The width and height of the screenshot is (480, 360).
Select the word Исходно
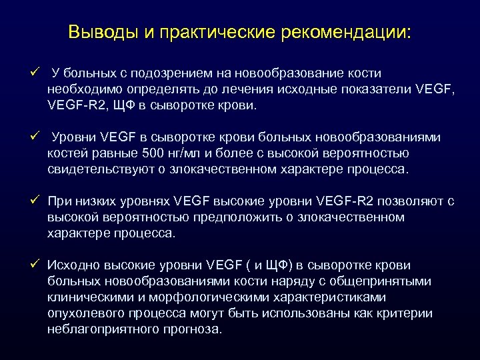tap(73, 265)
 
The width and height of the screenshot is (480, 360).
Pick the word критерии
tap(406, 313)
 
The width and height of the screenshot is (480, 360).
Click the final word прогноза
tap(193, 329)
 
